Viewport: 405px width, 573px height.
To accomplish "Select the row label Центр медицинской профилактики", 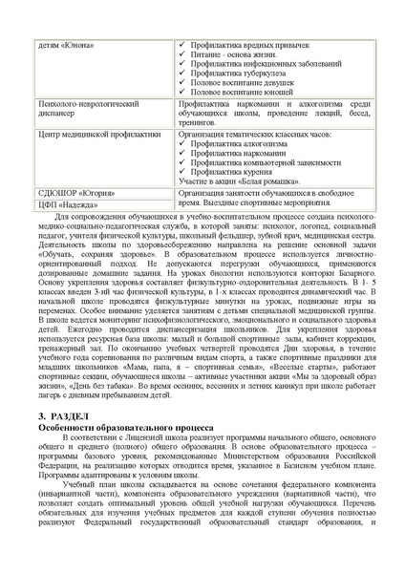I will [x=96, y=135].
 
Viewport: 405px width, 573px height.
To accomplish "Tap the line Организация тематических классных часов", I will [x=253, y=135].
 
